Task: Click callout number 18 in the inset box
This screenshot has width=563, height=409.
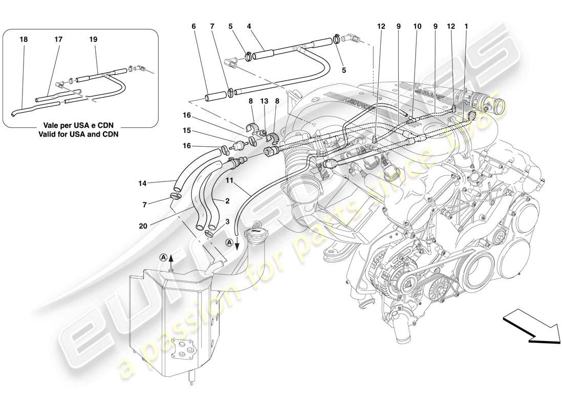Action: (x=23, y=39)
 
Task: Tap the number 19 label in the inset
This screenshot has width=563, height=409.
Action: (x=93, y=39)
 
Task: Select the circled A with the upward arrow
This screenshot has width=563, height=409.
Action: (x=163, y=258)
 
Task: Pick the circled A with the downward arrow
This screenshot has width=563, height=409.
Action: (x=229, y=243)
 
